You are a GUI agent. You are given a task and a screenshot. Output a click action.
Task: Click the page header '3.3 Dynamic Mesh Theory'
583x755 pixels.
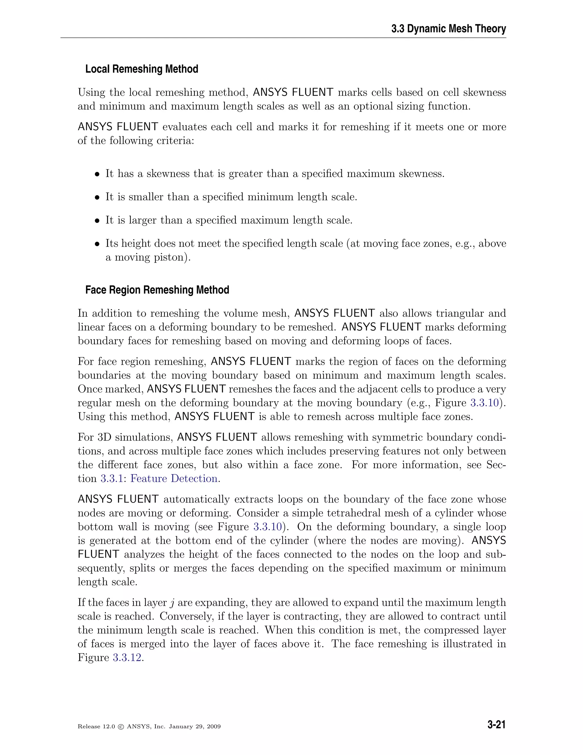click(448, 29)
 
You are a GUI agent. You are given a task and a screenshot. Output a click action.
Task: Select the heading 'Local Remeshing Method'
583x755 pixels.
click(141, 69)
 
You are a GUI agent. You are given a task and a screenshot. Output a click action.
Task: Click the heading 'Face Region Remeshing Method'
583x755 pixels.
click(157, 290)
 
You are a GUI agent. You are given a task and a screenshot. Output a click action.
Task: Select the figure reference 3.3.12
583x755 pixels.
click(127, 657)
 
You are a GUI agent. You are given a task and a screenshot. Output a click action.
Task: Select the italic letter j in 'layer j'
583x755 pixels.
click(172, 603)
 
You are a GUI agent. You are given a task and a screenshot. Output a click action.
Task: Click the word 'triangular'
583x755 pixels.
click(459, 313)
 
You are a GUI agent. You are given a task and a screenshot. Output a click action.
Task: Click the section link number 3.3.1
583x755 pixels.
click(113, 478)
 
